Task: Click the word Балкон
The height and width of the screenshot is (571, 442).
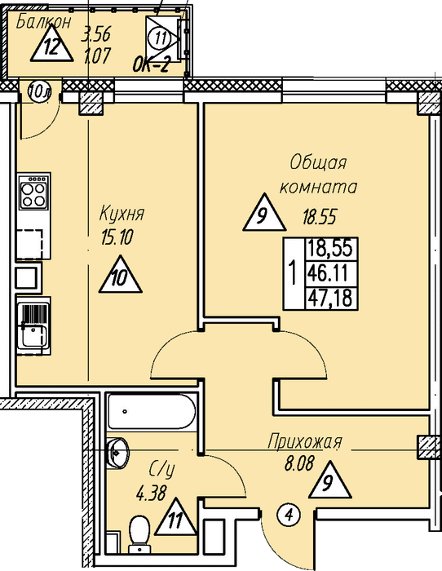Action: coord(44,22)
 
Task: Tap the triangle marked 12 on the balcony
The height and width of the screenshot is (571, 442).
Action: coord(51,46)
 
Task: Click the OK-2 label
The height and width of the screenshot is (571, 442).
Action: coord(151,66)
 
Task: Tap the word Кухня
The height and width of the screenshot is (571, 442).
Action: coord(122,214)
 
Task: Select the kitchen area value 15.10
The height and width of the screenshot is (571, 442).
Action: coord(117,237)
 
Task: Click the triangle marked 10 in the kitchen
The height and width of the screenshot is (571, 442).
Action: coord(121,275)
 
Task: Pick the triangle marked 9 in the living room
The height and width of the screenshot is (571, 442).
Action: coord(264,213)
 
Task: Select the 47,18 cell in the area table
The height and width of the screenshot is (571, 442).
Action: coord(330,299)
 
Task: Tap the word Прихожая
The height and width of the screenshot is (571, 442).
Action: coord(305,442)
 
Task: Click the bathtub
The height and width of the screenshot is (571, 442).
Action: coord(151,411)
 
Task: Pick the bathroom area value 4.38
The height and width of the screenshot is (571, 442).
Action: coord(151,494)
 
